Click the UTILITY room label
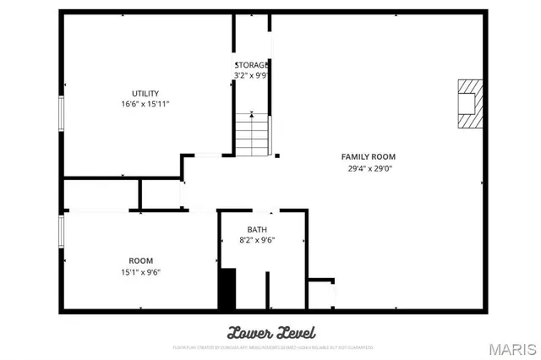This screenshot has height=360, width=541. point(145,93)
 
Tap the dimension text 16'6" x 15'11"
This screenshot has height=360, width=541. point(145,104)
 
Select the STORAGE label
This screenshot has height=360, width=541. point(252,64)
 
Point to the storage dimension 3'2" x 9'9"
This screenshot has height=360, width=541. point(252,75)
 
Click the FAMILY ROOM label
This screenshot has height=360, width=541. point(368,156)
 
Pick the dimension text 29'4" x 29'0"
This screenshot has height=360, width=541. point(368,167)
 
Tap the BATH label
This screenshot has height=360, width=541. point(257,229)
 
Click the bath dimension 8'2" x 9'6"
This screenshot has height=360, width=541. point(257,240)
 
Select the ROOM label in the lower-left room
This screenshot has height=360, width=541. point(140,260)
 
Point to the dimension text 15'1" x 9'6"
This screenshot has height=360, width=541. point(140,271)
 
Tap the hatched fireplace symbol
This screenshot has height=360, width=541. point(469,102)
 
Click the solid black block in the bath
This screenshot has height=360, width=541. point(227,289)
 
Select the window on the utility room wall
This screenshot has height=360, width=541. point(61,113)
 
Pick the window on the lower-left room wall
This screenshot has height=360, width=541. point(61,232)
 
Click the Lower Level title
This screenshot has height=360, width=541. point(270,331)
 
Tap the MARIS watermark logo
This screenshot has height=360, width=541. point(511,348)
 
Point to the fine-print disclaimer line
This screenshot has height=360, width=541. point(272,346)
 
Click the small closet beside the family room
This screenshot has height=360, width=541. point(320,294)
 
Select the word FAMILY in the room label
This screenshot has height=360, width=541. point(355,156)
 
